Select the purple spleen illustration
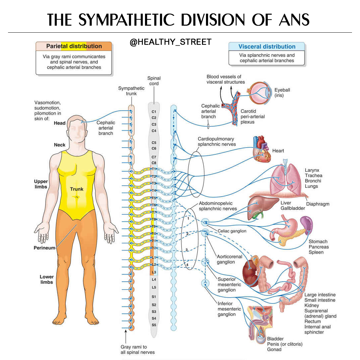(307, 225)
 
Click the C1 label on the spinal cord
(154, 112)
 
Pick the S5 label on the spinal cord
(154, 325)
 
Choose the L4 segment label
(154, 279)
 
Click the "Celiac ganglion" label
(232, 231)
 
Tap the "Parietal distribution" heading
(74, 46)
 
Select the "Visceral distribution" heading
(267, 47)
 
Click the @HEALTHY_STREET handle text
(170, 42)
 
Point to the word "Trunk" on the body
(77, 189)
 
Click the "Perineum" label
(44, 248)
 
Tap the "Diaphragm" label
(318, 204)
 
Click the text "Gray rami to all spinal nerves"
(138, 349)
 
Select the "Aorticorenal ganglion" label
(229, 259)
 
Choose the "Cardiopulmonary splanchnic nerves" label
(217, 141)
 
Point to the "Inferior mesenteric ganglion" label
(229, 309)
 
